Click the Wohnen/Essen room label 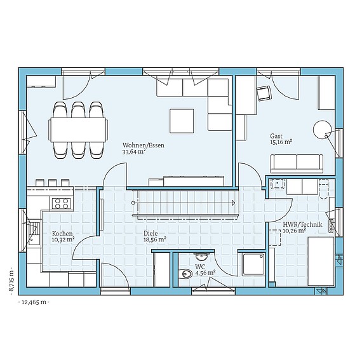[144, 145]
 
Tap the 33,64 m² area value [134, 152]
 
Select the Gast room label [276, 136]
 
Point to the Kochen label [62, 234]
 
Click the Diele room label [151, 233]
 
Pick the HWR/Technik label [302, 224]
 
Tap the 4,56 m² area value [206, 273]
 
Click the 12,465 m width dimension [34, 302]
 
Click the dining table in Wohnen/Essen [78, 130]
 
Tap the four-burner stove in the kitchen [61, 203]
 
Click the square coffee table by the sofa [182, 121]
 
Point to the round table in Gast [322, 130]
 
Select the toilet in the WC [185, 274]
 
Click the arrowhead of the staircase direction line [234, 203]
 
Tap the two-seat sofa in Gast [297, 164]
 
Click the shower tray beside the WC [253, 264]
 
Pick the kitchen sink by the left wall [34, 233]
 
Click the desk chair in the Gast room [263, 93]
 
